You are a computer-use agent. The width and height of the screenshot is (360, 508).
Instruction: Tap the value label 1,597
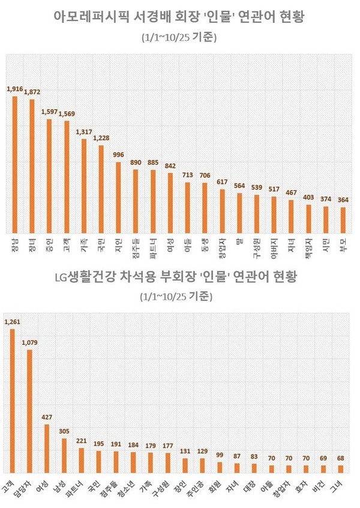click(x=50, y=112)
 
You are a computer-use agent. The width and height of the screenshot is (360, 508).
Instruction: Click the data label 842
click(x=170, y=166)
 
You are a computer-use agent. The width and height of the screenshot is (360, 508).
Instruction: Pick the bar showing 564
click(x=239, y=213)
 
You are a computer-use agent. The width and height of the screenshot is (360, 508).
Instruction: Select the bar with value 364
click(x=343, y=220)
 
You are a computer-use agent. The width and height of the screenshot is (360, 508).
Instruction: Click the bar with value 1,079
click(x=29, y=411)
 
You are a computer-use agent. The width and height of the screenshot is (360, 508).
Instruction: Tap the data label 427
click(x=47, y=416)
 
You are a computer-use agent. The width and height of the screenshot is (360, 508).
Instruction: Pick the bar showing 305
click(x=64, y=455)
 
